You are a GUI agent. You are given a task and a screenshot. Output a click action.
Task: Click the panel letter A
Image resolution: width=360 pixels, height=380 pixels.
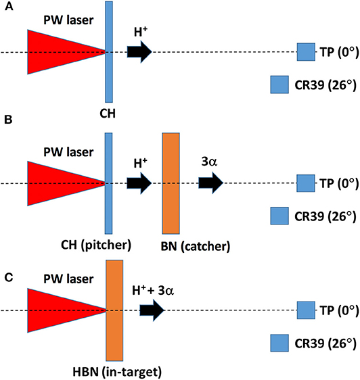tap(6, 7)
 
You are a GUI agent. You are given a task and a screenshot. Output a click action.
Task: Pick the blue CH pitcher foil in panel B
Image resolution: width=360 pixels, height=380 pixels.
tap(110, 183)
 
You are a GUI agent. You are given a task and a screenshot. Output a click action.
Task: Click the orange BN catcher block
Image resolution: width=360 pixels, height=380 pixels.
tap(170, 183)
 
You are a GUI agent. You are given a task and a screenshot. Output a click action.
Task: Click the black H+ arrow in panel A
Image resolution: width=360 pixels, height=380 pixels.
tap(138, 52)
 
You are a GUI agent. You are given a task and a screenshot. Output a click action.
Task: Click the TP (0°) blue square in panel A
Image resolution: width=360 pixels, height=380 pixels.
tap(306, 52)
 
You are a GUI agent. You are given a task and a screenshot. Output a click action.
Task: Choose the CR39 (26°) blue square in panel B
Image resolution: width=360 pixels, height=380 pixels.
tap(279, 215)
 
